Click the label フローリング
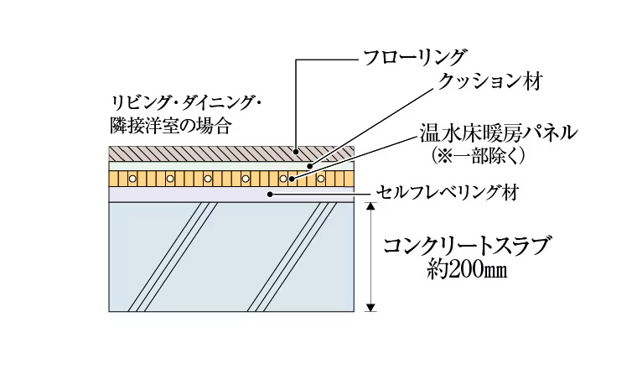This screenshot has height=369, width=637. (414, 58)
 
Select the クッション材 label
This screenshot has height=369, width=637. (491, 81)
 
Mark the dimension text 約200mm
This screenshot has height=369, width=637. (467, 272)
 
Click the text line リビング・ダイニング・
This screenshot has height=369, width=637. (188, 103)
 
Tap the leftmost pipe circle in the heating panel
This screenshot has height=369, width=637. (131, 179)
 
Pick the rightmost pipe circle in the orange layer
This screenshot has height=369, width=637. (321, 179)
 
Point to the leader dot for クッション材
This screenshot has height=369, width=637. (308, 165)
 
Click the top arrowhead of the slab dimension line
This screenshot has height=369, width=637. (370, 205)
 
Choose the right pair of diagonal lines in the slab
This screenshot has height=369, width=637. (286, 257)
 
